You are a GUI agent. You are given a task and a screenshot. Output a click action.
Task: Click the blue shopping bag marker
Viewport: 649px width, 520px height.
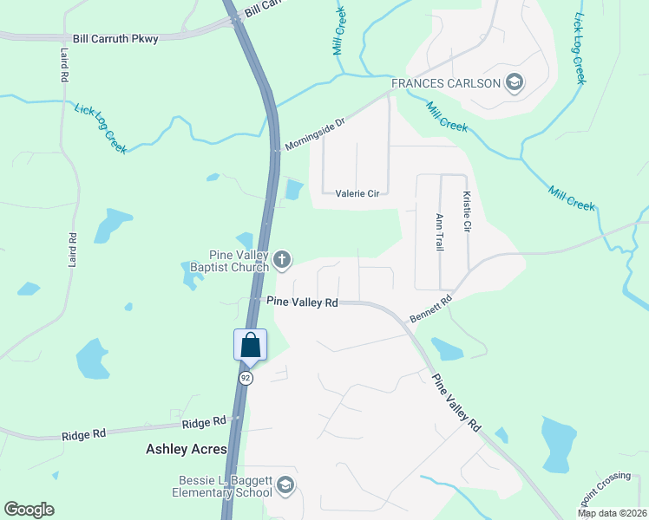point(251,345)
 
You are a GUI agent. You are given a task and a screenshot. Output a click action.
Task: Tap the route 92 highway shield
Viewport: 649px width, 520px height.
point(246,378)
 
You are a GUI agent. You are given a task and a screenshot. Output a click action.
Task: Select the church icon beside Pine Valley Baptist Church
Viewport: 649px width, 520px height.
point(282,259)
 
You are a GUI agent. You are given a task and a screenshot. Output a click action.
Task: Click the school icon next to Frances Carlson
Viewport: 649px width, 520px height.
point(515,83)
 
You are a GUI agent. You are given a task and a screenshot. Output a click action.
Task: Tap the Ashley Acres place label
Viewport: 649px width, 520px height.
point(186,449)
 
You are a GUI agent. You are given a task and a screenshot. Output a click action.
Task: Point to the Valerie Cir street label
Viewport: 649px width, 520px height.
point(357,194)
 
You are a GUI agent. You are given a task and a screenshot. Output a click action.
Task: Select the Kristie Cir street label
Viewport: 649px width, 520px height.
point(467,212)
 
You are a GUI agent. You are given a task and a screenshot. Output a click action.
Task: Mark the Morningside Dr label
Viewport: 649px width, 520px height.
point(315,134)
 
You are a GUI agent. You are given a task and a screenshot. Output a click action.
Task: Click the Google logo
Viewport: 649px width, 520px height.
point(29,510)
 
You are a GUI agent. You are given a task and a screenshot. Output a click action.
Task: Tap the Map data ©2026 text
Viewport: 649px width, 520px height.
point(612,513)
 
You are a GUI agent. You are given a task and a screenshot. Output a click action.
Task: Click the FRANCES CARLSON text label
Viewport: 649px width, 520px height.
point(446,83)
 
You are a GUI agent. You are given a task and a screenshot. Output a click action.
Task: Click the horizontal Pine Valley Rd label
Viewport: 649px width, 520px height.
point(302,302)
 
